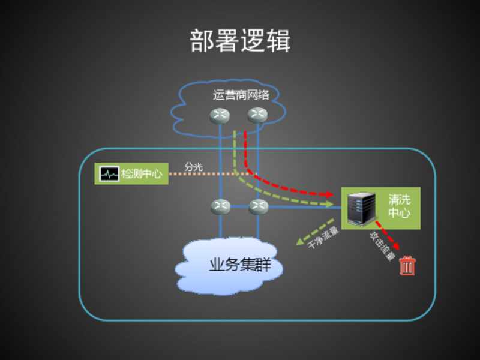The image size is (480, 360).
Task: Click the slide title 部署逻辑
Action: (x=240, y=41)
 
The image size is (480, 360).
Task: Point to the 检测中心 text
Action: (x=142, y=174)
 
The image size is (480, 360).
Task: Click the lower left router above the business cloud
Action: (x=220, y=207)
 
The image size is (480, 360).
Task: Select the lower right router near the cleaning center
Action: (x=258, y=207)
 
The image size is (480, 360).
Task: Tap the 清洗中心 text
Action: (x=398, y=206)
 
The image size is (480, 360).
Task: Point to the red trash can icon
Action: (x=407, y=265)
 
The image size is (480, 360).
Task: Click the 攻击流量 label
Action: (x=382, y=246)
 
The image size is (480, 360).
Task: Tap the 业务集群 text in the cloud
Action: (x=239, y=265)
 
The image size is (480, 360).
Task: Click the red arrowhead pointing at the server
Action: (x=328, y=194)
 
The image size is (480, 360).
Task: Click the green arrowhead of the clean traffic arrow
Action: (x=298, y=242)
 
